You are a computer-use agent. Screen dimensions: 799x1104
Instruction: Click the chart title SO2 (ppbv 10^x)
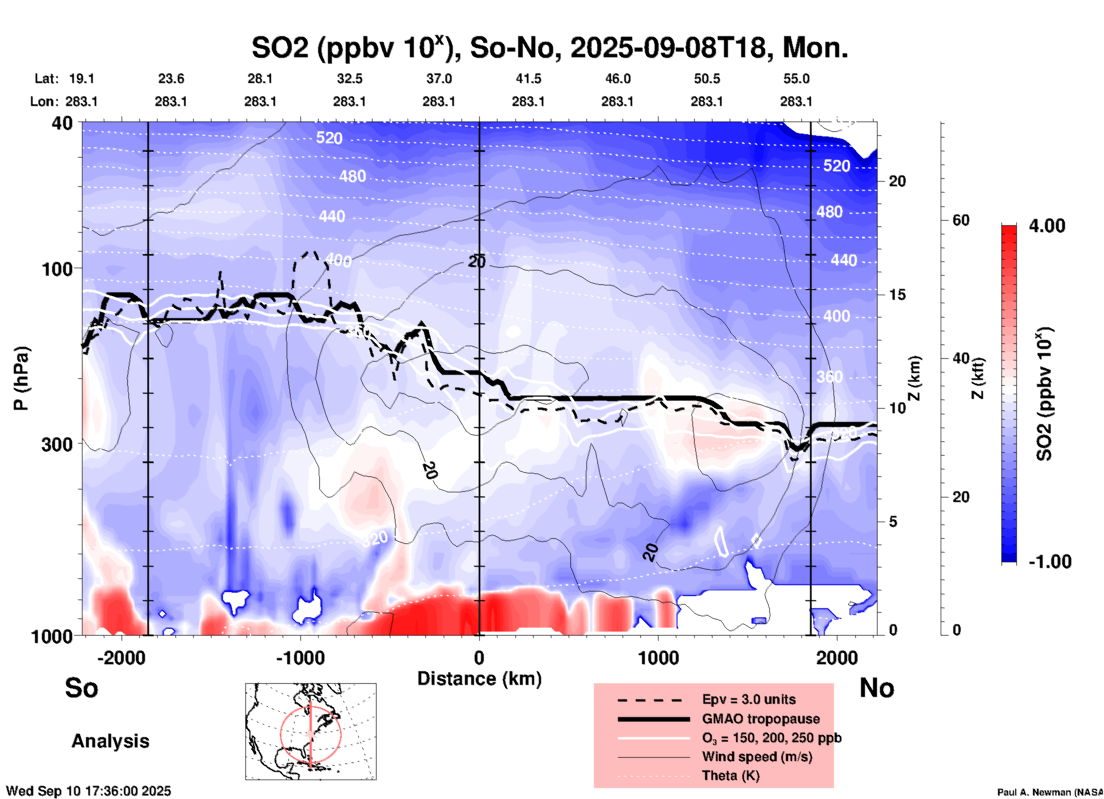(x=549, y=48)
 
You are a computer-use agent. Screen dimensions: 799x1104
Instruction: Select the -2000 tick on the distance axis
(x=122, y=657)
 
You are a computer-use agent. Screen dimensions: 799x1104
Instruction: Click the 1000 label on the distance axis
(x=658, y=657)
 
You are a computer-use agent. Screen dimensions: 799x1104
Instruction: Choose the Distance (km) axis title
(x=479, y=679)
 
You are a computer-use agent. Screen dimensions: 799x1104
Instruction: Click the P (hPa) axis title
(x=21, y=378)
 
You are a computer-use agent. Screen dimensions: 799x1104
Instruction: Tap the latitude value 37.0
(x=439, y=79)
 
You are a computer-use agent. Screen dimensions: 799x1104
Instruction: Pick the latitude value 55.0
(x=796, y=79)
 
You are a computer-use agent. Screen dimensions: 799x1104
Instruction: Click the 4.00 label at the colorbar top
(x=1047, y=226)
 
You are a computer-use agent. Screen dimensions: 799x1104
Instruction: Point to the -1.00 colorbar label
(x=1050, y=562)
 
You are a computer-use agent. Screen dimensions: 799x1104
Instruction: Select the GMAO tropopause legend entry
(x=761, y=719)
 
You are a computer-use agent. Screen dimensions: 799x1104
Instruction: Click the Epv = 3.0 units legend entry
(x=749, y=700)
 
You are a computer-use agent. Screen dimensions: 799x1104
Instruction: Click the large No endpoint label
(x=876, y=688)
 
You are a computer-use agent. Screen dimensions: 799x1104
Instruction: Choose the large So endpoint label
(x=81, y=688)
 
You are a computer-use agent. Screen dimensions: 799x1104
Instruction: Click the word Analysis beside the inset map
(x=110, y=741)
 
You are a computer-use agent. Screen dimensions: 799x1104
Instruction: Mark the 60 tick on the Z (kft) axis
(x=961, y=220)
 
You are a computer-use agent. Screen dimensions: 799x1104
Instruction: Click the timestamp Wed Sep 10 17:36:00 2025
(x=88, y=791)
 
